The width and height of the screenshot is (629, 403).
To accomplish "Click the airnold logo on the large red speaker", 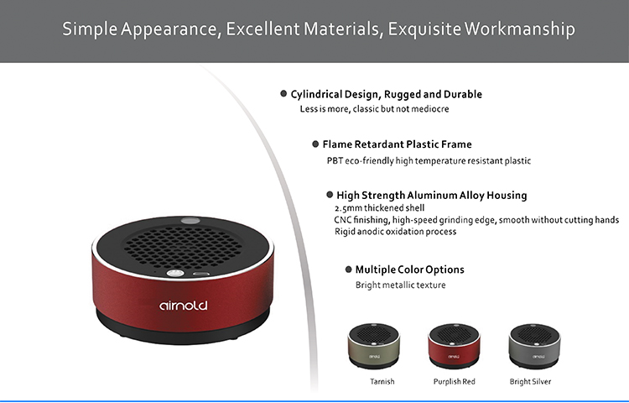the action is pos(184,306).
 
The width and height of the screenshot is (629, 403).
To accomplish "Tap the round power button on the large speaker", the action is pos(175,274).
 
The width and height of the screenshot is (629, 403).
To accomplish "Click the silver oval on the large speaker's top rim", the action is pos(190,220).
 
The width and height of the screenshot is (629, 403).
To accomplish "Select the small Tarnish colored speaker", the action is pos(373,346).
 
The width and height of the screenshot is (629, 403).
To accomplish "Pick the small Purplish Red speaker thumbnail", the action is pos(454,346).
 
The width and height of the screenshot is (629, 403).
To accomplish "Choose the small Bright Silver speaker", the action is pos(534,346).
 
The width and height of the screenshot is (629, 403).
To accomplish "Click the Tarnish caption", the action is pos(382,381).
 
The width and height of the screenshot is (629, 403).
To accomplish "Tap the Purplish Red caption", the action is pos(454,381).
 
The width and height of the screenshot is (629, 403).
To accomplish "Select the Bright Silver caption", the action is pos(530,381).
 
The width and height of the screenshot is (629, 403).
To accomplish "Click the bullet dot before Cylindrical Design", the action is pos(283,93).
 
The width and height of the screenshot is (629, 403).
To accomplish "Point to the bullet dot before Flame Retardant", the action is pos(315,144).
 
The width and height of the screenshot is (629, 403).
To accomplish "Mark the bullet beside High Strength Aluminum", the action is pos(330,195).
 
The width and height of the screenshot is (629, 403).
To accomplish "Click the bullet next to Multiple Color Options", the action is pos(349,270).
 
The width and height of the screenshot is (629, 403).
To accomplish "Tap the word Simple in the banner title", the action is pos(90,29).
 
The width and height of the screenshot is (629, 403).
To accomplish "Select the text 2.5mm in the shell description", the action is pos(348,208).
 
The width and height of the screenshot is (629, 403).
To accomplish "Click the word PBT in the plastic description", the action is pos(335,160).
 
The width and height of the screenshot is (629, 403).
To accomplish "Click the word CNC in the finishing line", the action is pos(342,220).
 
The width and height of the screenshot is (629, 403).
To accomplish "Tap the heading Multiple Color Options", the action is pos(410,270).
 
